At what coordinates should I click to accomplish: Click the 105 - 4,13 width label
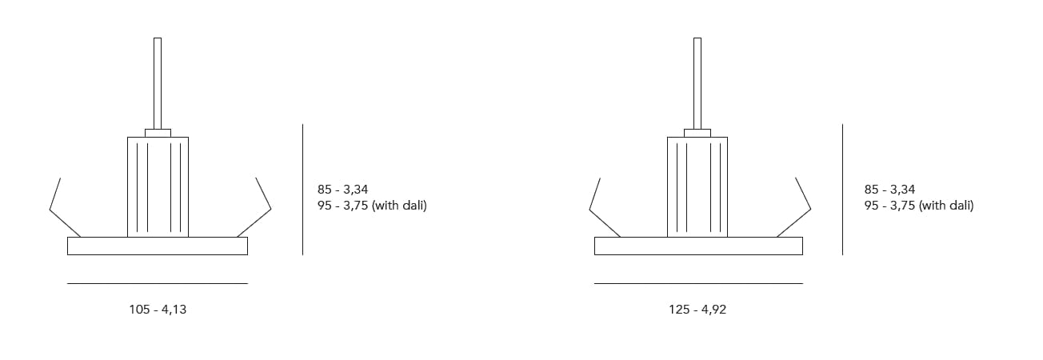tap(158, 310)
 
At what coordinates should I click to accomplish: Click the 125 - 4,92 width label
tap(697, 310)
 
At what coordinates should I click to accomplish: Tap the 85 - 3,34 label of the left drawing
tap(342, 190)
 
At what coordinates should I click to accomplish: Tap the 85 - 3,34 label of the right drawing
tap(889, 190)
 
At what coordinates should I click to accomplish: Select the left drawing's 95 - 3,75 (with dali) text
tap(372, 206)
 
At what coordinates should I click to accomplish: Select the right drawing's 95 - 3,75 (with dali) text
tap(919, 206)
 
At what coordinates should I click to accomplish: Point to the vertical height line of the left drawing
tap(302, 190)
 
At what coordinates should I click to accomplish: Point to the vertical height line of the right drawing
tap(842, 190)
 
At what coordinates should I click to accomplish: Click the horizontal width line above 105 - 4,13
tap(158, 283)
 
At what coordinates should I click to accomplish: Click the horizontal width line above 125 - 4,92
tap(698, 283)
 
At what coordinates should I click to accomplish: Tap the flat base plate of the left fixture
tap(158, 246)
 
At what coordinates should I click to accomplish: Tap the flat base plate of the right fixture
tap(698, 246)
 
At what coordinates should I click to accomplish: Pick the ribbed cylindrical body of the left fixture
tap(158, 187)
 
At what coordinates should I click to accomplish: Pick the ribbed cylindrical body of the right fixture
tap(697, 187)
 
